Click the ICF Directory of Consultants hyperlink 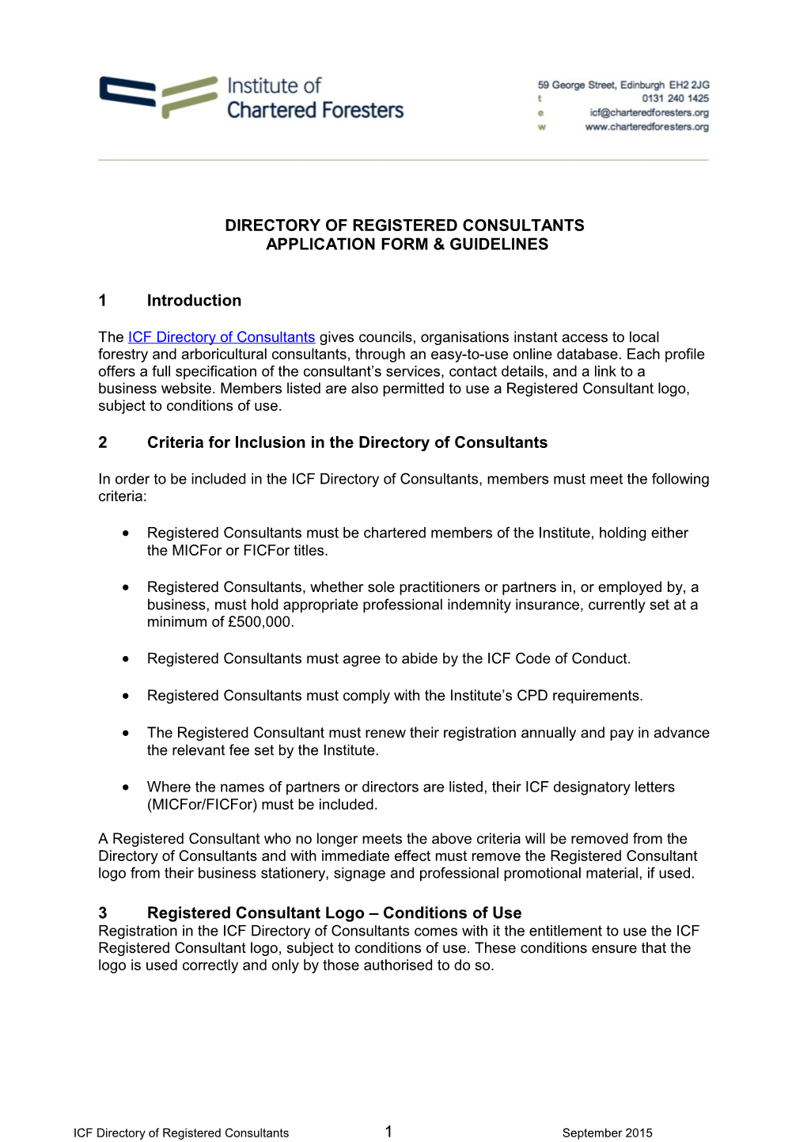pyautogui.click(x=222, y=337)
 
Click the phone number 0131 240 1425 pyautogui.click(x=675, y=99)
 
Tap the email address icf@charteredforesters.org pyautogui.click(x=649, y=113)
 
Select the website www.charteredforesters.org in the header pyautogui.click(x=646, y=127)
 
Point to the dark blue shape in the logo pyautogui.click(x=127, y=92)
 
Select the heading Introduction pyautogui.click(x=194, y=301)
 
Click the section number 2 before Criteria pyautogui.click(x=103, y=442)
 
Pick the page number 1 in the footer pyautogui.click(x=388, y=1132)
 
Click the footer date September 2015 pyautogui.click(x=607, y=1133)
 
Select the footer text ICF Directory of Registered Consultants pyautogui.click(x=181, y=1133)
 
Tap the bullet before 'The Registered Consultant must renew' pyautogui.click(x=126, y=734)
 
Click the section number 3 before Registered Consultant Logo pyautogui.click(x=103, y=913)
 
